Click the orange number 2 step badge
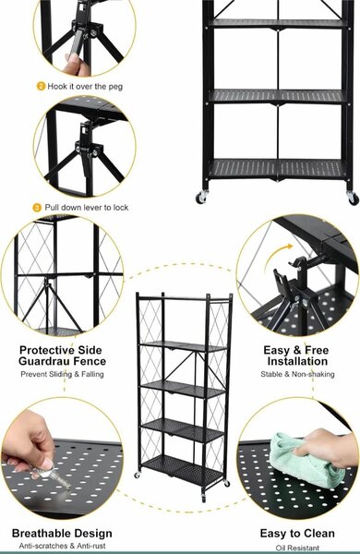41,86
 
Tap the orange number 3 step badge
37,208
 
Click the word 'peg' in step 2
115,87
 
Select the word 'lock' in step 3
121,208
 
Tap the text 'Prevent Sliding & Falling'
62,374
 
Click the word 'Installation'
297,361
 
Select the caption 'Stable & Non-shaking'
297,374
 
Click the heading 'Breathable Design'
62,533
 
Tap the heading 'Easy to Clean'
297,533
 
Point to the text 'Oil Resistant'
297,548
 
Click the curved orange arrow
278,253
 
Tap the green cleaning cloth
302,460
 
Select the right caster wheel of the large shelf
353,198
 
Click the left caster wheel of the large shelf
201,197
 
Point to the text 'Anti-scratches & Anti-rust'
62,546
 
